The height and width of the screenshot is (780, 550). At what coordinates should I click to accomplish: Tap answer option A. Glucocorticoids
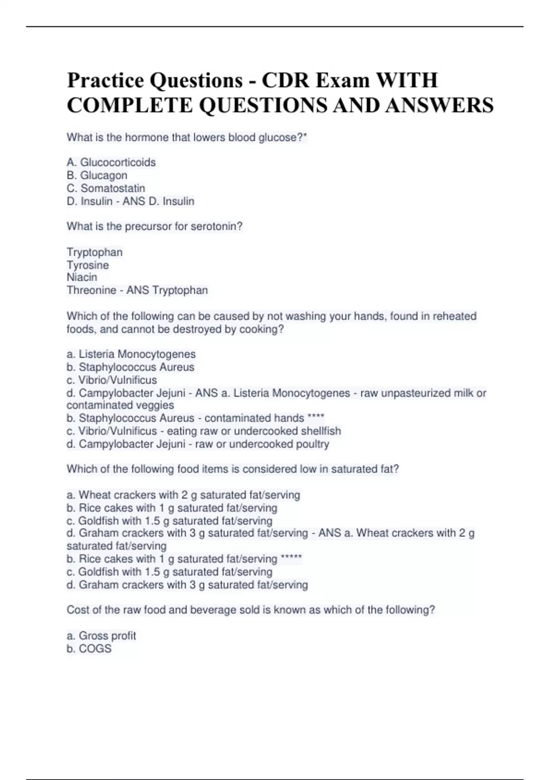pyautogui.click(x=111, y=162)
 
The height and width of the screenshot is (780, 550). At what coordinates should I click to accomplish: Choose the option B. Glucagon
pyautogui.click(x=97, y=175)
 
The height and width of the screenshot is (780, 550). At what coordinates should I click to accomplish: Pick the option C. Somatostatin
pyautogui.click(x=105, y=188)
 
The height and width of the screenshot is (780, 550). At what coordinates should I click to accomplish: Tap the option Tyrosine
pyautogui.click(x=88, y=265)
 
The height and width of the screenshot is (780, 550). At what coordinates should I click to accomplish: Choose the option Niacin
pyautogui.click(x=82, y=277)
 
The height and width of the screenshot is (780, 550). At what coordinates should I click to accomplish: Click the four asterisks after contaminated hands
pyautogui.click(x=316, y=418)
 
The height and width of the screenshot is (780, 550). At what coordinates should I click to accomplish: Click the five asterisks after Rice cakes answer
pyautogui.click(x=291, y=558)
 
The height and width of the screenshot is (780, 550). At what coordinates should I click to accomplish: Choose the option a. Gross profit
pyautogui.click(x=101, y=635)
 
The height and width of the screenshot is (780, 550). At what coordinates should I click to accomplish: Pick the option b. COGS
pyautogui.click(x=89, y=648)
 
